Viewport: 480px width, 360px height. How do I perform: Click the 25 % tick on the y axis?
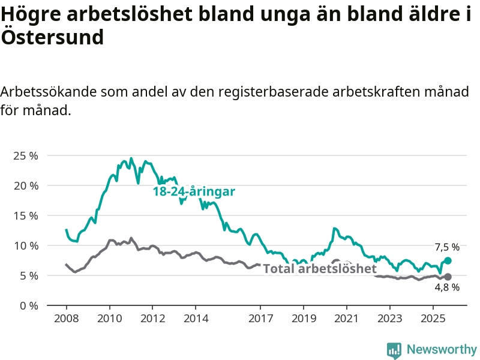(x=25, y=155)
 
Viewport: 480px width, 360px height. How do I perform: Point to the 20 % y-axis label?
(x=25, y=185)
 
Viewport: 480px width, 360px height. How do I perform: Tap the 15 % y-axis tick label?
(x=25, y=215)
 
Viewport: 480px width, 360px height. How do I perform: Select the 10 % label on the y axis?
(x=25, y=245)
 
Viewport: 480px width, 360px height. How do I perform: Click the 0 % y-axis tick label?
(x=28, y=305)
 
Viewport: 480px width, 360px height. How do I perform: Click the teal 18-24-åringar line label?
(x=194, y=192)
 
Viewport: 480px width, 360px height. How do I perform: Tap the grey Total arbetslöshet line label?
(x=320, y=269)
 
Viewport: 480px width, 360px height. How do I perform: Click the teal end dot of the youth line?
(x=448, y=261)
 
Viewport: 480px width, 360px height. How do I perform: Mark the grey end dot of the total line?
(x=448, y=277)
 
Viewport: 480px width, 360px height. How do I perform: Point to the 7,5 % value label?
(x=447, y=247)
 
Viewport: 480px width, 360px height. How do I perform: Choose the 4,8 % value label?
(x=447, y=287)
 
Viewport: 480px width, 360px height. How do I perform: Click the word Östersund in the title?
(x=52, y=37)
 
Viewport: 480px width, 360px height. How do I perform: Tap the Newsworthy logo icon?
(x=394, y=350)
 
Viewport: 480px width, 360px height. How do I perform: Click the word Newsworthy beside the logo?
(x=442, y=349)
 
